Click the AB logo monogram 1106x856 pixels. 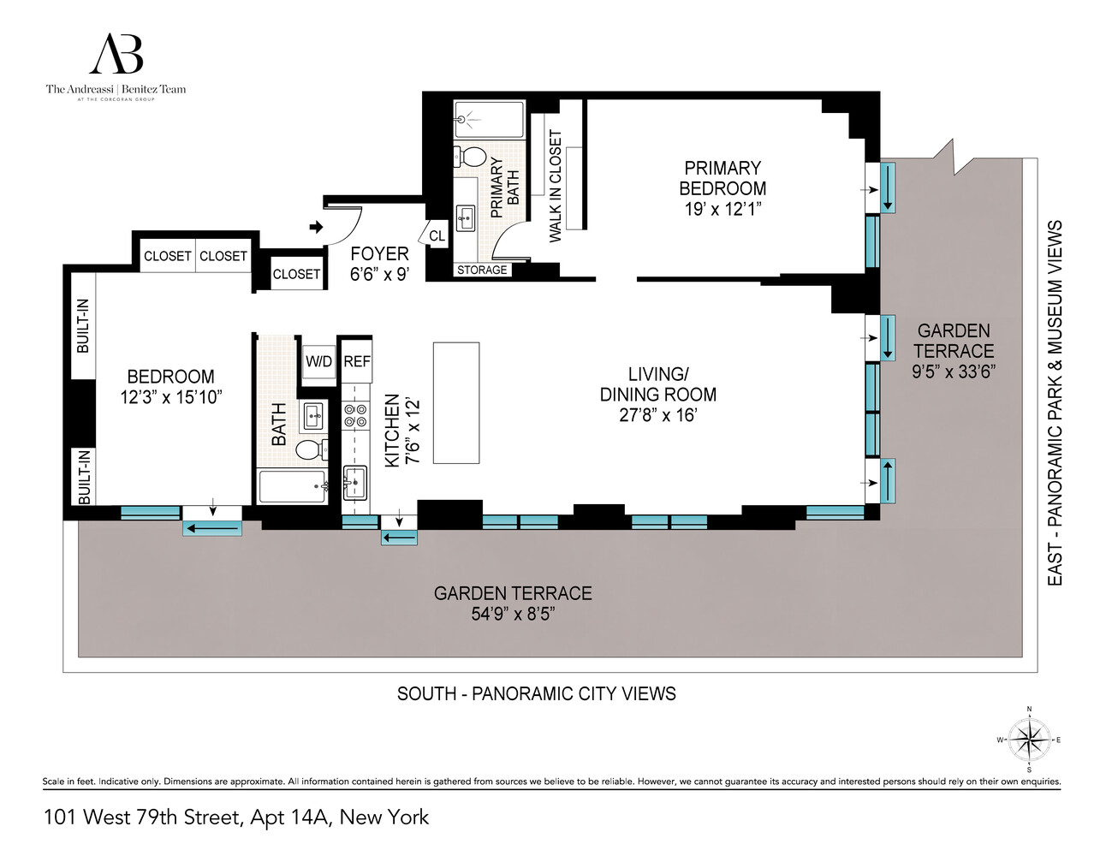pos(116,55)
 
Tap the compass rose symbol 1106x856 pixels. pos(1029,740)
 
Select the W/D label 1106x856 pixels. pos(318,361)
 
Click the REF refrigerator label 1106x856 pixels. pos(357,361)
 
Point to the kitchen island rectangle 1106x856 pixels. pos(455,402)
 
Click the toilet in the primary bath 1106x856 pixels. pos(472,157)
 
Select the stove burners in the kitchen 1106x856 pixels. pos(354,416)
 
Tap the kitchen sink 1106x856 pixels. pos(354,483)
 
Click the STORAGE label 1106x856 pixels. pos(482,270)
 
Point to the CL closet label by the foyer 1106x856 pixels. pos(437,236)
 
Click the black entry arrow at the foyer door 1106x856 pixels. pos(316,227)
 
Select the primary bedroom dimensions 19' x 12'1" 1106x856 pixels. pos(722,209)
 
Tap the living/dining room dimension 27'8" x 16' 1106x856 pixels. pos(657,415)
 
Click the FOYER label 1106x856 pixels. pos(379,254)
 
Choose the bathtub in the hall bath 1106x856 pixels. pos(293,486)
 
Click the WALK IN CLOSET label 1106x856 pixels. pos(556,186)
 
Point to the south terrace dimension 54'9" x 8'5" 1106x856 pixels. pos(513,614)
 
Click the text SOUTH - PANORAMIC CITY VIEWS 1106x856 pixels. pos(536,693)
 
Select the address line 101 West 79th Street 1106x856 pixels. pos(236,817)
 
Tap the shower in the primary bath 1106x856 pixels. pos(489,120)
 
